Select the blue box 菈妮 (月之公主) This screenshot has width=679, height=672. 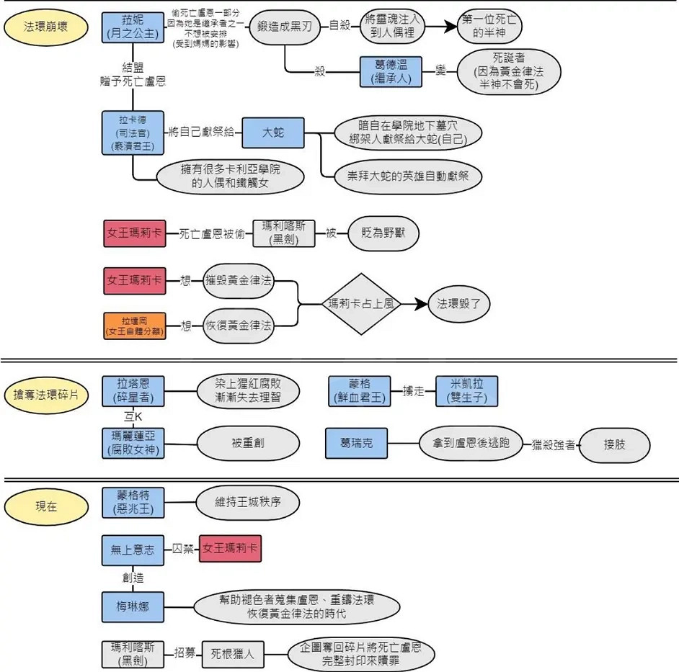click(133, 27)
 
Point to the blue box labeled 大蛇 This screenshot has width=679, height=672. click(272, 133)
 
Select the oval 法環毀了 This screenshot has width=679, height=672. click(459, 304)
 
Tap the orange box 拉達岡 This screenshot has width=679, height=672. click(133, 326)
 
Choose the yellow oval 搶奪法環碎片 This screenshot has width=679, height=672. click(47, 395)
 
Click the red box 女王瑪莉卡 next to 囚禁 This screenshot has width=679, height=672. click(230, 549)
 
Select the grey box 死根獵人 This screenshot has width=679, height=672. click(232, 655)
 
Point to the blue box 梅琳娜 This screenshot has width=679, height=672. click(133, 605)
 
